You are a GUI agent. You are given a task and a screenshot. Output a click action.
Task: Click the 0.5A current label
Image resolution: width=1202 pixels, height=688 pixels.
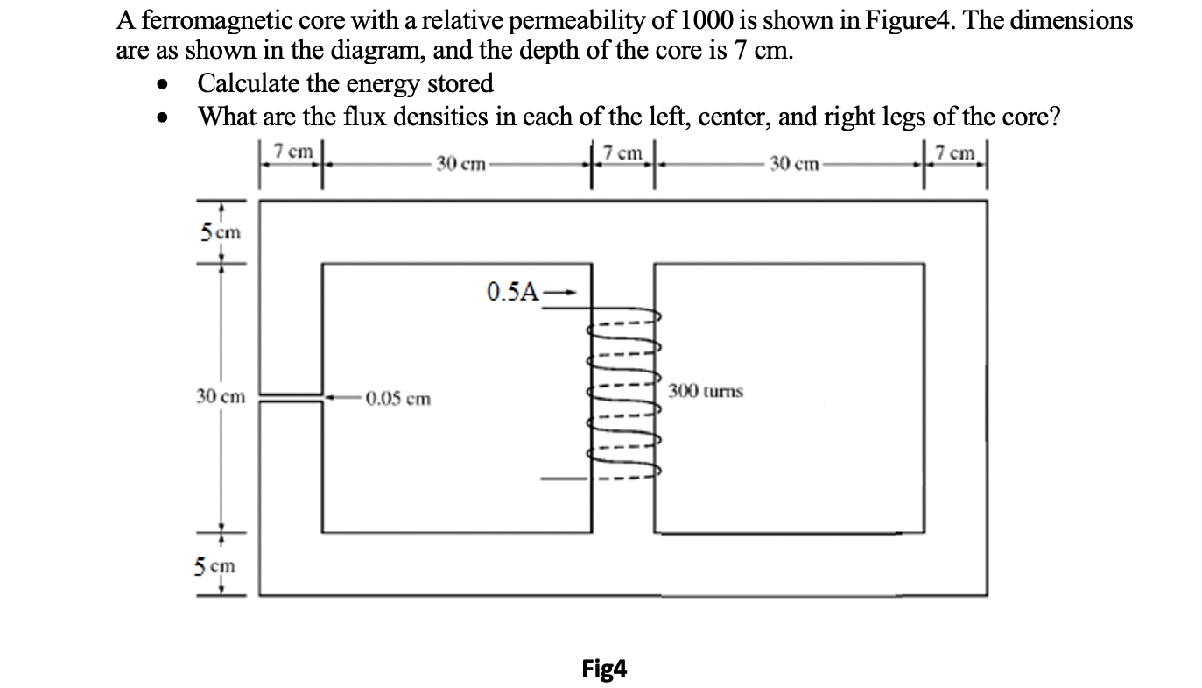tap(512, 292)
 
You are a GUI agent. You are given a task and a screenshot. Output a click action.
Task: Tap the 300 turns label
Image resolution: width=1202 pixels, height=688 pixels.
tap(706, 391)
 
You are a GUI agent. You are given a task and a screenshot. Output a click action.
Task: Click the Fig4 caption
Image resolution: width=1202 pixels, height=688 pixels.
tap(604, 670)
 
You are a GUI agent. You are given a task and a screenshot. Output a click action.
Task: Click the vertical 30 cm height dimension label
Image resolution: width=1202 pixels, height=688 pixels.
tap(221, 396)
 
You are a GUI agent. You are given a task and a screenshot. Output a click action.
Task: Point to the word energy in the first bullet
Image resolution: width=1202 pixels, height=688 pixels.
tap(383, 83)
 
